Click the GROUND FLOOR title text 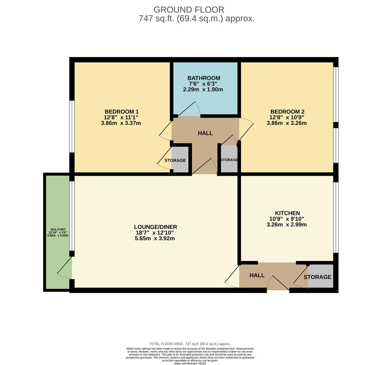click(x=189, y=10)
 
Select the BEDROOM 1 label click(x=121, y=112)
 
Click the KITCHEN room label click(x=287, y=213)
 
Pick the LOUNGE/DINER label click(x=155, y=227)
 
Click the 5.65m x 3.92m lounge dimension click(x=154, y=239)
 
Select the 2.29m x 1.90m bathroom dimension click(x=203, y=90)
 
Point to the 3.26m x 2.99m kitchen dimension click(x=286, y=224)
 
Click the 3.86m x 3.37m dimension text click(x=121, y=123)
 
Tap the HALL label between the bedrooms click(x=205, y=133)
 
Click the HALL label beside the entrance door click(x=257, y=275)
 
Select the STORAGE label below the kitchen click(x=317, y=277)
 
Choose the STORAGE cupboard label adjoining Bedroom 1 click(x=175, y=160)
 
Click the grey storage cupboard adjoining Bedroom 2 click(x=229, y=160)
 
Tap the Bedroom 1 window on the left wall click(x=71, y=126)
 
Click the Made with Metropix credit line click(x=190, y=363)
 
